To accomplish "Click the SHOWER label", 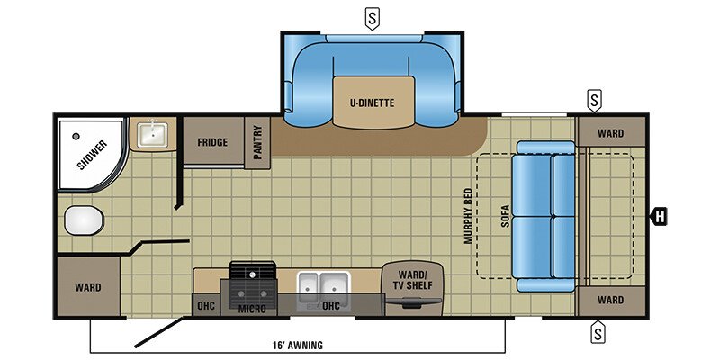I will point(91,154).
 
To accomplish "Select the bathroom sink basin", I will point(153,136).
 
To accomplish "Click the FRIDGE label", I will point(212,142).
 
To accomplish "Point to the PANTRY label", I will point(257,142).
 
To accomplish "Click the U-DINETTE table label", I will point(372,103).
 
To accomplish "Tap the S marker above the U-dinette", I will point(371,17).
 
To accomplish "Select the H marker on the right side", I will point(661,216).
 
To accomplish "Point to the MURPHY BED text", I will point(467,216).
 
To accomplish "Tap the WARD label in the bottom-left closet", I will point(88,288).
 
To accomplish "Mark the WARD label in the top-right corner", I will point(609,134).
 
